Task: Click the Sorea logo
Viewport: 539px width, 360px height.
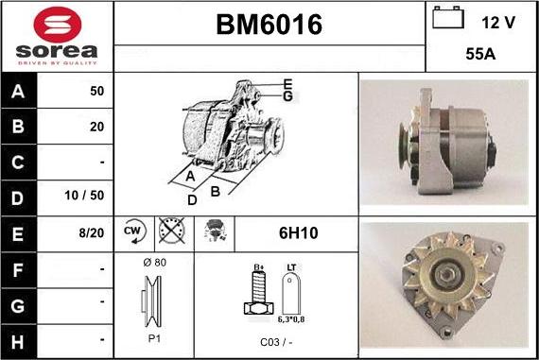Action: point(57,36)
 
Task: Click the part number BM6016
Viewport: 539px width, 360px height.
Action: point(269,26)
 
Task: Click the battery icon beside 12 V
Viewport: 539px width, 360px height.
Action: point(448,19)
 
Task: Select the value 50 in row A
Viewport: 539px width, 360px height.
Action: point(96,93)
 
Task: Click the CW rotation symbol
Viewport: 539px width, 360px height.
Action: point(132,231)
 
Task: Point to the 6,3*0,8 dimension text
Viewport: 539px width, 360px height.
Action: point(291,320)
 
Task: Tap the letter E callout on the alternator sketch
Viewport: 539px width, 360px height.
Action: point(287,84)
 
